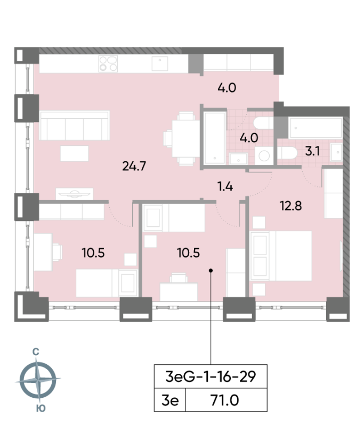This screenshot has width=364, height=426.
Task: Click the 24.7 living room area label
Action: (134, 166)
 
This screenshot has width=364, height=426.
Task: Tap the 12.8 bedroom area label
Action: (290, 206)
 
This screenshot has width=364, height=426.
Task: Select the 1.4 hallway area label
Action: (225, 187)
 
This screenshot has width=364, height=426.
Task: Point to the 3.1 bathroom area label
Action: (312, 151)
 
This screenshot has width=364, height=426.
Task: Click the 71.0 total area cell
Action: (224, 400)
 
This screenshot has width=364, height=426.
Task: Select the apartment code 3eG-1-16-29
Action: (211, 376)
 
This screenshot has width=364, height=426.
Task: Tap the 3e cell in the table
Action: (170, 400)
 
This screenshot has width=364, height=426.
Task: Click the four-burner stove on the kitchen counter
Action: (108, 64)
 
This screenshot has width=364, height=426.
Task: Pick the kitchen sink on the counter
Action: (160, 63)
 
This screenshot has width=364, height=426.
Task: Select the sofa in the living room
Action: (75, 125)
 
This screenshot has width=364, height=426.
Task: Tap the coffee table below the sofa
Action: (75, 153)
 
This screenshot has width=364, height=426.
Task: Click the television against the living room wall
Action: (74, 194)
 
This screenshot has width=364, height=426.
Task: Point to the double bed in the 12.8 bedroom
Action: (280, 256)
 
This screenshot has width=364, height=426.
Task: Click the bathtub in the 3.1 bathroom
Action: (315, 128)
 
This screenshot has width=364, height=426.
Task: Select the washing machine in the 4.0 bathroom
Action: (264, 155)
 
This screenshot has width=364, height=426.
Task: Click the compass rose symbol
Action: (38, 380)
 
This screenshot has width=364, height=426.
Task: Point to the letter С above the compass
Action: (36, 352)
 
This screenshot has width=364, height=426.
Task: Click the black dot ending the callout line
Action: (211, 271)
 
